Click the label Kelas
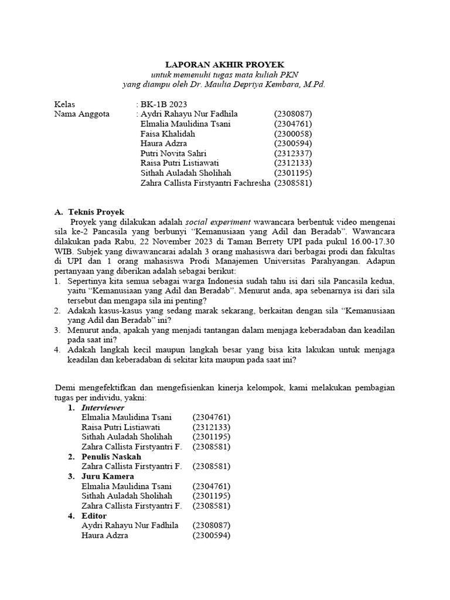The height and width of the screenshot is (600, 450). [x=64, y=104]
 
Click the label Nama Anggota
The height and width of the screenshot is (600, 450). [x=81, y=114]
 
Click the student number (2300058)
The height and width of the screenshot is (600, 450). [x=293, y=134]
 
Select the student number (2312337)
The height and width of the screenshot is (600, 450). [x=293, y=154]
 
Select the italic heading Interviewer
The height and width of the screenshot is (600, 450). [x=103, y=407]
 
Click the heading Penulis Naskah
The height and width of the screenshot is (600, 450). [x=111, y=456]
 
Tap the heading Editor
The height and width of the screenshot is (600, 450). [x=94, y=516]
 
